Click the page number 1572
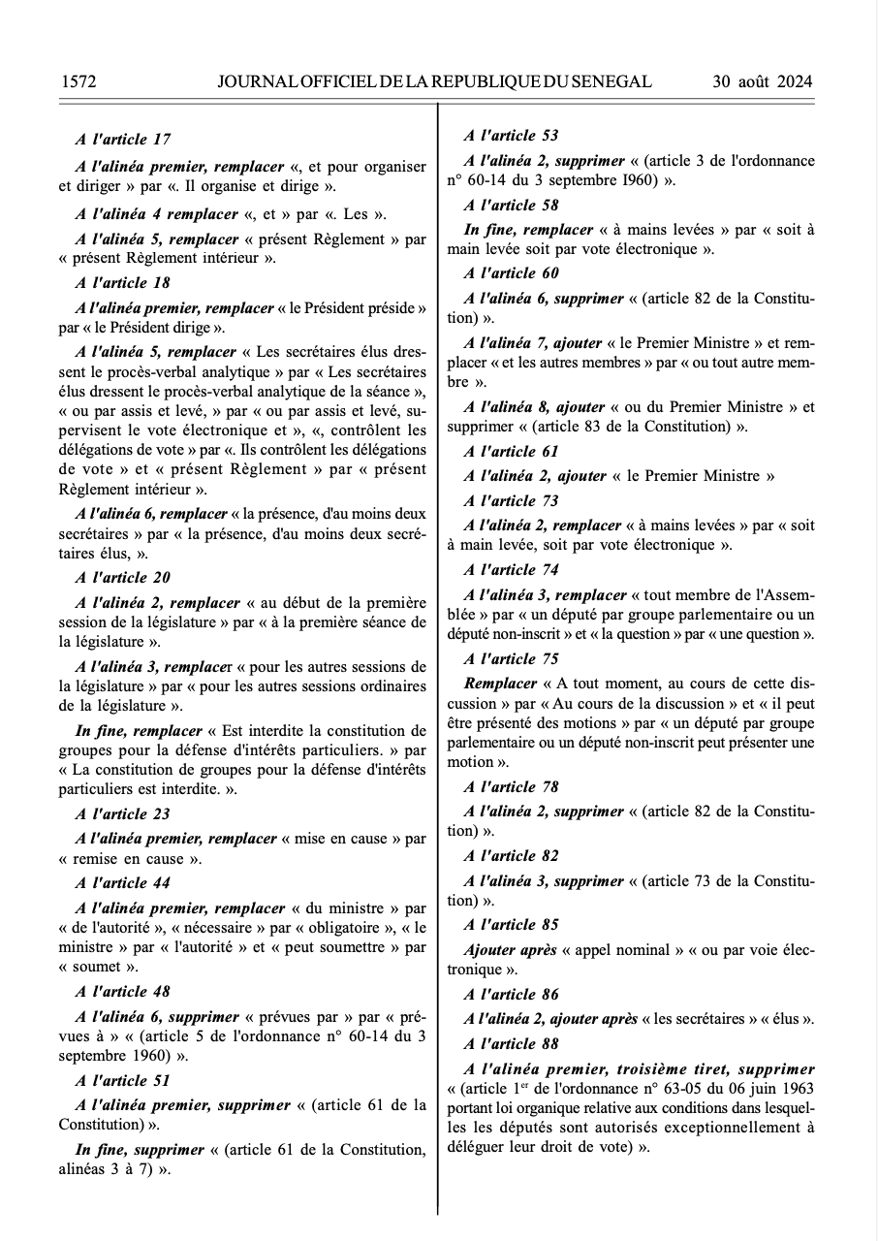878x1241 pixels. (x=78, y=81)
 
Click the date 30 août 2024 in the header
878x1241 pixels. (x=762, y=81)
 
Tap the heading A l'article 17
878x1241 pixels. (x=122, y=140)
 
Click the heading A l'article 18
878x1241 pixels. (x=122, y=283)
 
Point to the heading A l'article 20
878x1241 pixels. (x=122, y=578)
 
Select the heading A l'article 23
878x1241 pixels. (x=122, y=814)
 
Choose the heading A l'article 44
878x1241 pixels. (x=122, y=883)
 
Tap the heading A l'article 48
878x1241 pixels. (x=122, y=992)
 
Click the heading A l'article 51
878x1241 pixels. (x=122, y=1081)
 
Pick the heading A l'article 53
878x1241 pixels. (x=511, y=136)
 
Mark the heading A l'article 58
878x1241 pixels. (x=511, y=206)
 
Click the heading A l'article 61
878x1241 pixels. (x=511, y=452)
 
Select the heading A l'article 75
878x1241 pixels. (x=511, y=659)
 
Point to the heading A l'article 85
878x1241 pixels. (x=511, y=925)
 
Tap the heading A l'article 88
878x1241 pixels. (x=511, y=1044)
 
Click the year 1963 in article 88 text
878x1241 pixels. (x=794, y=1089)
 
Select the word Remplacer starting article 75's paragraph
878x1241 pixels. (x=500, y=684)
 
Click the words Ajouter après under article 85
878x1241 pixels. (x=511, y=950)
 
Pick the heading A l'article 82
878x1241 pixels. (x=511, y=856)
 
